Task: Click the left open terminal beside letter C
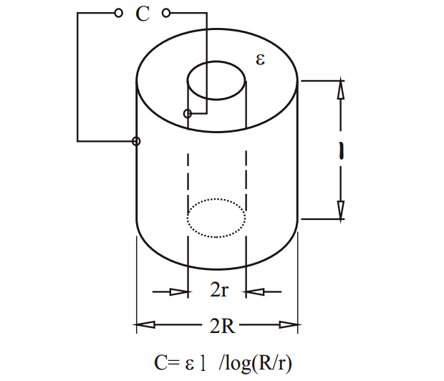(118, 13)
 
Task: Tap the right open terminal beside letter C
(166, 13)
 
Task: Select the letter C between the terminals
(143, 14)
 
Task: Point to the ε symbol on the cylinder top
(261, 59)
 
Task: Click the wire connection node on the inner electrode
(188, 114)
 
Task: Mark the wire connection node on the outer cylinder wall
(136, 141)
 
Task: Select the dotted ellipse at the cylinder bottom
(216, 217)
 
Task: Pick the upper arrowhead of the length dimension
(341, 89)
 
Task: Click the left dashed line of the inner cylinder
(188, 179)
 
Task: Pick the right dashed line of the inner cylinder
(246, 179)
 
